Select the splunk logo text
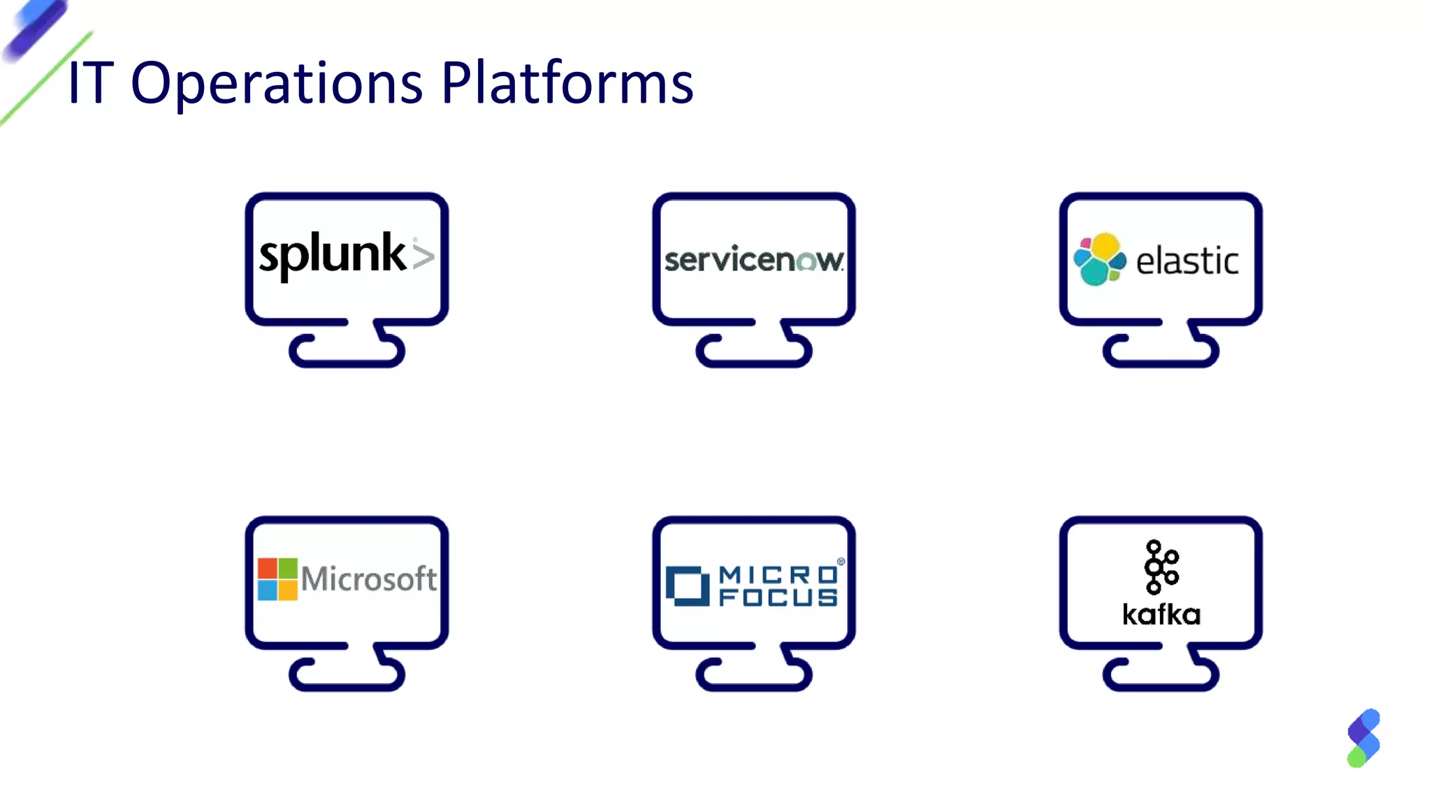[x=332, y=254]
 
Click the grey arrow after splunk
[x=423, y=255]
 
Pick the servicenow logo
[x=753, y=259]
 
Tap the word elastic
[x=1186, y=261]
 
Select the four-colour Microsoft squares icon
[x=277, y=579]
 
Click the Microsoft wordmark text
[x=368, y=579]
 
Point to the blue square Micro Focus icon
[x=687, y=586]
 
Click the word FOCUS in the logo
[x=778, y=597]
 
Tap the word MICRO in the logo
[x=778, y=574]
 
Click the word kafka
[x=1161, y=615]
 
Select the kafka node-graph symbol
[x=1161, y=567]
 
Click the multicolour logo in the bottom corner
[x=1363, y=738]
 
